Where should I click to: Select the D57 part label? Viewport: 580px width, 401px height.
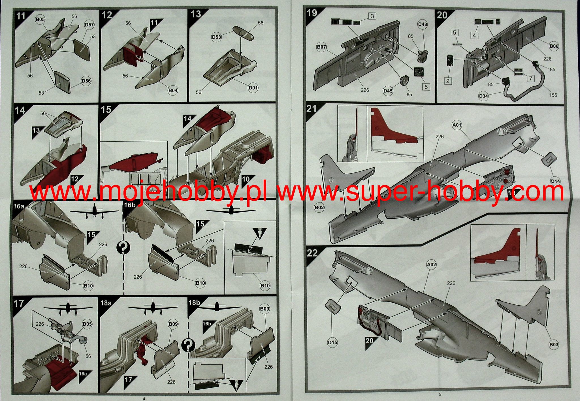coord(89,25)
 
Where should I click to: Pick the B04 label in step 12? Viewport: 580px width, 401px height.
coord(172,90)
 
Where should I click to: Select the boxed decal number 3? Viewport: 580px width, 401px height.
coord(372,16)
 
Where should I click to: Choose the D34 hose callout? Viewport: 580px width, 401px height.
coord(483,96)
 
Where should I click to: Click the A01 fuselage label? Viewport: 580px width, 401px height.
coord(457,125)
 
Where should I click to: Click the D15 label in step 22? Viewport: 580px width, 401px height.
coord(332,342)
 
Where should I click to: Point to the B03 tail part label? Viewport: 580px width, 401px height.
coord(554,345)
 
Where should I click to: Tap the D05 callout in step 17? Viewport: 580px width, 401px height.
coord(87,324)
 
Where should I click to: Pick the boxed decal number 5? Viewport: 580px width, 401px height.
coord(455,32)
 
